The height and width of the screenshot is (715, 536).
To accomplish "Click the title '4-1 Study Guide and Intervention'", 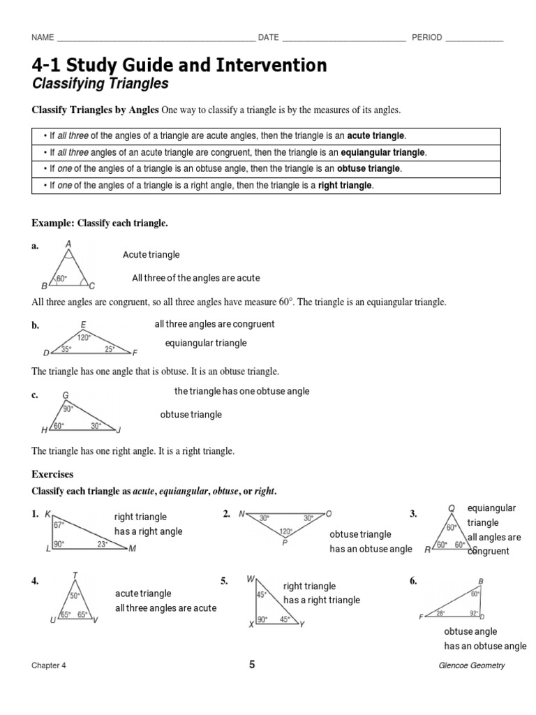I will tap(179, 66).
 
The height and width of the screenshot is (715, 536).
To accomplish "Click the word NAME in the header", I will tap(43, 38).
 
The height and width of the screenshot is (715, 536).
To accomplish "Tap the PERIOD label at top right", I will tap(426, 38).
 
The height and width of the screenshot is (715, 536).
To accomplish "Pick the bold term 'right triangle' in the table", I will tap(345, 186).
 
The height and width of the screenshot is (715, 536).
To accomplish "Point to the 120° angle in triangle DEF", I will tap(84, 337).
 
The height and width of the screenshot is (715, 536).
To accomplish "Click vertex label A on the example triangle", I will tap(68, 244).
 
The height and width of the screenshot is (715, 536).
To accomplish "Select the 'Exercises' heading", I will tap(52, 474).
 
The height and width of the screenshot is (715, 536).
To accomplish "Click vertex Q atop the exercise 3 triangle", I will tap(452, 508).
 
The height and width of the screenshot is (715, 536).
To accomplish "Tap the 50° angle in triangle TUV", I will tap(75, 596).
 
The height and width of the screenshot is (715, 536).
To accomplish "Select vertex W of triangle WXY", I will tap(251, 579).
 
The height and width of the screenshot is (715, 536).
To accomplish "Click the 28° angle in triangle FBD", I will tap(441, 613).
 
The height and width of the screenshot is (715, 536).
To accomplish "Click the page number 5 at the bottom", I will tap(252, 665).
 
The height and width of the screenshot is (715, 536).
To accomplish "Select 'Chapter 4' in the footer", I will tap(49, 665).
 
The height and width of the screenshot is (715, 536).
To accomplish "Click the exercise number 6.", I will tap(413, 581).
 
